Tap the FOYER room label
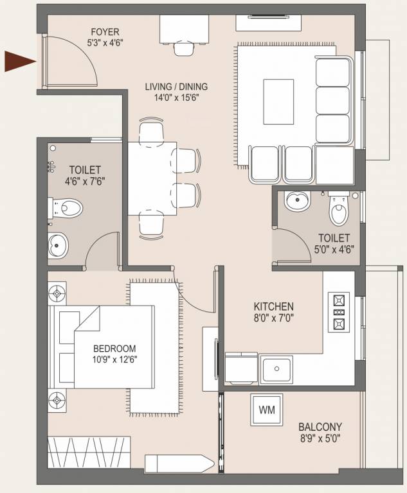pos(105,32)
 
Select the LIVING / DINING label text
pos(176,87)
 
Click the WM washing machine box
pos(266,408)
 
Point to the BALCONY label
pos(320,426)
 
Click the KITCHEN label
pos(273,306)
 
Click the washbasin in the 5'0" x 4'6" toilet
pos(297,201)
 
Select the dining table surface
pos(151,178)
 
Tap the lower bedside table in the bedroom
pos(57,401)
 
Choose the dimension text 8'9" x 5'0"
pos(320,440)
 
